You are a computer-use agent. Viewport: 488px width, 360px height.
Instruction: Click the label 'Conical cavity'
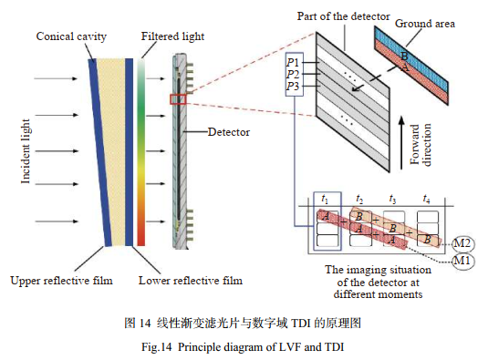pyautogui.click(x=71, y=36)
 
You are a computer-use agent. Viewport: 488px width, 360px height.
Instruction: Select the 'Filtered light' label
pyautogui.click(x=171, y=36)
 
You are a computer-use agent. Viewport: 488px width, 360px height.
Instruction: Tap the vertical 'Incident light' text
pyautogui.click(x=27, y=149)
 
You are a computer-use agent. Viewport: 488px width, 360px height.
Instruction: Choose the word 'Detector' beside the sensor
pyautogui.click(x=228, y=132)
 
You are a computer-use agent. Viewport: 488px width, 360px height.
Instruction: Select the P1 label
pyautogui.click(x=293, y=61)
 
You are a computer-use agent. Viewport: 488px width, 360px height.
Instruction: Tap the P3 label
pyautogui.click(x=293, y=86)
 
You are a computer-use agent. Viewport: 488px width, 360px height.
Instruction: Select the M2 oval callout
pyautogui.click(x=462, y=242)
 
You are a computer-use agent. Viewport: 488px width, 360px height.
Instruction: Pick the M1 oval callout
pyautogui.click(x=462, y=262)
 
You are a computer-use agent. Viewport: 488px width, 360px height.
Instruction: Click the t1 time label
pyautogui.click(x=324, y=198)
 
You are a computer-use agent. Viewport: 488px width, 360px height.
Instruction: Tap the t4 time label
pyautogui.click(x=426, y=198)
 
